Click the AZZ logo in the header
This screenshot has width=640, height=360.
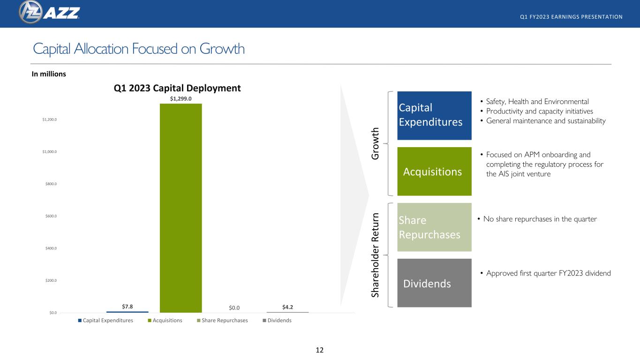tap(49, 12)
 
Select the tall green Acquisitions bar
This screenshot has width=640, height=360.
tap(181, 208)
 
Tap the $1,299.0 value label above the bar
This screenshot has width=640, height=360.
tap(181, 98)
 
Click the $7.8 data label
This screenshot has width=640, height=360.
tap(128, 307)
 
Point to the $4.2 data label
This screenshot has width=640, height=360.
tap(288, 307)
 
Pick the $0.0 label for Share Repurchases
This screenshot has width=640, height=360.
tap(234, 307)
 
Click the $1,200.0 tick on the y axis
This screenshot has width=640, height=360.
tap(49, 120)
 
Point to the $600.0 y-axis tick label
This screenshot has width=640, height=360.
tap(51, 216)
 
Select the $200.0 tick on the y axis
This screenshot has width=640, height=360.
tap(51, 280)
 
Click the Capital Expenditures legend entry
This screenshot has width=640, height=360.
tap(105, 320)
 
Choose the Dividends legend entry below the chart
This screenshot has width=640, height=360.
tap(277, 320)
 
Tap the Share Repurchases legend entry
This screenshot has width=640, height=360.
tap(222, 320)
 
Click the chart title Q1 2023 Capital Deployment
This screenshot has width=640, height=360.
tap(177, 88)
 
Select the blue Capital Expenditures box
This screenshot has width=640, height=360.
tap(434, 115)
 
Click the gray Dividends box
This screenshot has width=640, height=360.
tap(434, 283)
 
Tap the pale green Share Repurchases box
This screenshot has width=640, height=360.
tap(434, 227)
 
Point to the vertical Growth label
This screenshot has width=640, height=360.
tap(375, 143)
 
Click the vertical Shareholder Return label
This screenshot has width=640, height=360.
tap(375, 255)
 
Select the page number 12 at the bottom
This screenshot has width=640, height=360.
tap(320, 350)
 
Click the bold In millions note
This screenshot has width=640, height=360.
tap(49, 74)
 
